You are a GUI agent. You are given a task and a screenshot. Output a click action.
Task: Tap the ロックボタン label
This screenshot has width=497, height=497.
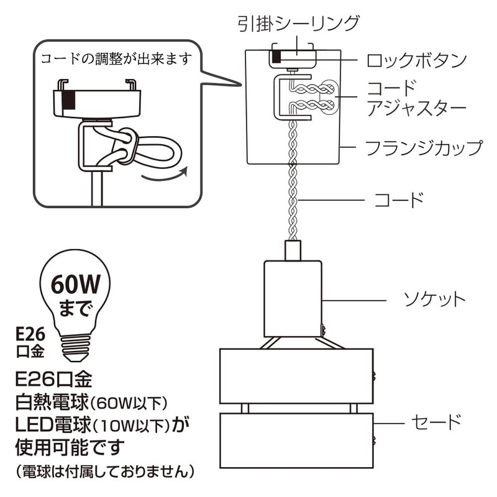(x=416, y=60)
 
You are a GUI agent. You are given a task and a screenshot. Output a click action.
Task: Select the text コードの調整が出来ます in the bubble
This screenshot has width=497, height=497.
(x=116, y=60)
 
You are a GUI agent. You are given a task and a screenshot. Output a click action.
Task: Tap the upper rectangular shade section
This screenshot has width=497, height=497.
(x=297, y=375)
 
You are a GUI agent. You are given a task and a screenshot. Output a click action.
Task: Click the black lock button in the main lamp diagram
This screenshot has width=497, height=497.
(x=275, y=57)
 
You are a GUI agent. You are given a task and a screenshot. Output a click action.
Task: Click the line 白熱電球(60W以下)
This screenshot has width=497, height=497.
(x=91, y=403)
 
